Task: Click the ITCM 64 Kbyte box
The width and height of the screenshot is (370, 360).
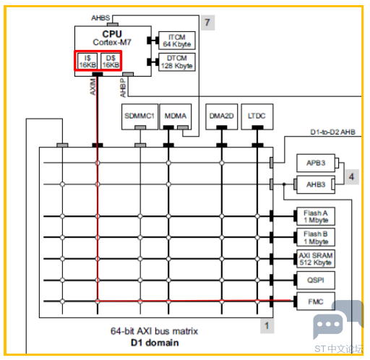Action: pyautogui.click(x=177, y=40)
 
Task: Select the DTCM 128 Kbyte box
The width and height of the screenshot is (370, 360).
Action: pyautogui.click(x=177, y=62)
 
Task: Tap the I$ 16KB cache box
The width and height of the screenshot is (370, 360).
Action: pyautogui.click(x=87, y=61)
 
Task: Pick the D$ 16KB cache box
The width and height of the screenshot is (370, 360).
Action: pyautogui.click(x=111, y=61)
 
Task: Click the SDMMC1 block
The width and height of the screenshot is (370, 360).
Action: pyautogui.click(x=139, y=117)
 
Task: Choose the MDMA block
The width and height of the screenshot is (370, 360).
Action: pyautogui.click(x=176, y=117)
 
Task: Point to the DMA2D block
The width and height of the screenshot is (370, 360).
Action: pyautogui.click(x=222, y=117)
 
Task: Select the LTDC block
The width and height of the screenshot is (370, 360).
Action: pyautogui.click(x=257, y=117)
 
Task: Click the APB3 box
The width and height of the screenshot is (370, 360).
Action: pyautogui.click(x=316, y=163)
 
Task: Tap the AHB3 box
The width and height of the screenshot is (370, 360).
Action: pyautogui.click(x=316, y=184)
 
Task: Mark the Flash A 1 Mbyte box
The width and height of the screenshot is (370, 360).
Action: pyautogui.click(x=316, y=216)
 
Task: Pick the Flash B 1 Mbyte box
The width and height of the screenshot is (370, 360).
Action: pyautogui.click(x=316, y=237)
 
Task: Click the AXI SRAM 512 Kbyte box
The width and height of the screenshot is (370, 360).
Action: pyautogui.click(x=316, y=259)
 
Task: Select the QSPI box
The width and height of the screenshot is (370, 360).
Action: pyautogui.click(x=316, y=280)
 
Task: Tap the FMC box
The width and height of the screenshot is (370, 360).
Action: pyautogui.click(x=316, y=301)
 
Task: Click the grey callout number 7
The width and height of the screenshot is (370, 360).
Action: pyautogui.click(x=207, y=22)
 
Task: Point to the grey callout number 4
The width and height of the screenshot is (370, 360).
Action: pyautogui.click(x=352, y=177)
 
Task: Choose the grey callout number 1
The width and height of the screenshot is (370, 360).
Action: pyautogui.click(x=267, y=326)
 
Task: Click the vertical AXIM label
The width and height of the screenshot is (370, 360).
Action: pyautogui.click(x=92, y=87)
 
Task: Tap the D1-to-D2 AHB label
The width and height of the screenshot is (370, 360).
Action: pyautogui.click(x=332, y=132)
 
